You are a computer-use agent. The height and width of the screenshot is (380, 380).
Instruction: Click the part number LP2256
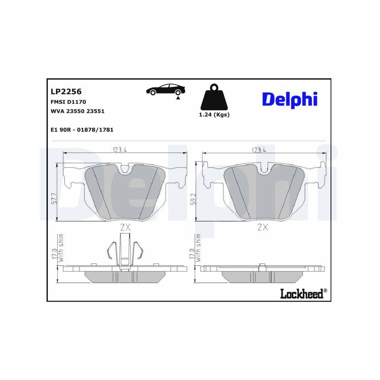(66, 92)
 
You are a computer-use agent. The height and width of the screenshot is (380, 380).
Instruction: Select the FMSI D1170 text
(68, 102)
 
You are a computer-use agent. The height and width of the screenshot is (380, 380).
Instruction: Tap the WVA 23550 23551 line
(78, 111)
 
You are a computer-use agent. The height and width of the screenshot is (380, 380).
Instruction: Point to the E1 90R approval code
(82, 130)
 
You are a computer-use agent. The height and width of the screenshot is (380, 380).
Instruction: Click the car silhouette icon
(166, 90)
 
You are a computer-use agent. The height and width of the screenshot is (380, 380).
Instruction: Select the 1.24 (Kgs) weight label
(214, 115)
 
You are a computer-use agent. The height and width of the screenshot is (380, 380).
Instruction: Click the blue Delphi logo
(290, 99)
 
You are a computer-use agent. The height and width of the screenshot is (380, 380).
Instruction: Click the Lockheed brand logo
(303, 293)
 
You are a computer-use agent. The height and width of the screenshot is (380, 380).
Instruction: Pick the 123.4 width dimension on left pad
(119, 150)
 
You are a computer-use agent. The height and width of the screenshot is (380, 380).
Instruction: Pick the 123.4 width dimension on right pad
(259, 150)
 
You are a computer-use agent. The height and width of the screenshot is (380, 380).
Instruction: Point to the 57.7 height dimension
(54, 199)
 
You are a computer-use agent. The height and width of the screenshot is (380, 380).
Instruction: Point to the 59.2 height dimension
(194, 199)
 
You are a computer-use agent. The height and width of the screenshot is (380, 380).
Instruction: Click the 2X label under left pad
(125, 228)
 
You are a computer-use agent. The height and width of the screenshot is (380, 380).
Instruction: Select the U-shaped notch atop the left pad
(124, 169)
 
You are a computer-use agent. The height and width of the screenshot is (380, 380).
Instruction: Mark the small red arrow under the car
(177, 98)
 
